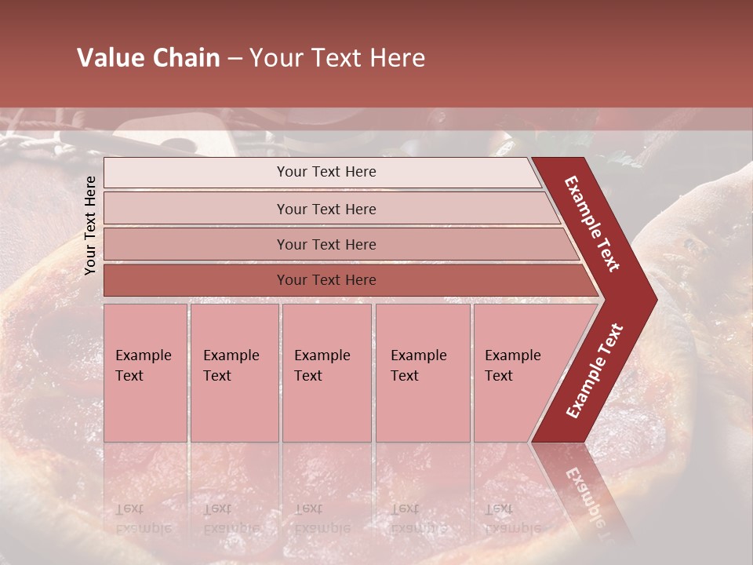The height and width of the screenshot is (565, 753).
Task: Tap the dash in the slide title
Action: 235,59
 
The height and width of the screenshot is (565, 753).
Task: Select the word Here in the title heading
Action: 397,58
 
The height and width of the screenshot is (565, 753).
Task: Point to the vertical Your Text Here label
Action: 90,225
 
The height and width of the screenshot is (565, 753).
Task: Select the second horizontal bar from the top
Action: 326,209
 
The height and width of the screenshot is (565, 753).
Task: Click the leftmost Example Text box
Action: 145,372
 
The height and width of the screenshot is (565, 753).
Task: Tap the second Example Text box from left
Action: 234,372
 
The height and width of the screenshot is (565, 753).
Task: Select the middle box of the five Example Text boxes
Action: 326,372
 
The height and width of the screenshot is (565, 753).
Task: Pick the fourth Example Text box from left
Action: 423,372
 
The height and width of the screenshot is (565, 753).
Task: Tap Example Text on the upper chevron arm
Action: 593,224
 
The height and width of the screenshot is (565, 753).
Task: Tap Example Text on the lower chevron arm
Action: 595,370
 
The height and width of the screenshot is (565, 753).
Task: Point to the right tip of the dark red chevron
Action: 655,299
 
